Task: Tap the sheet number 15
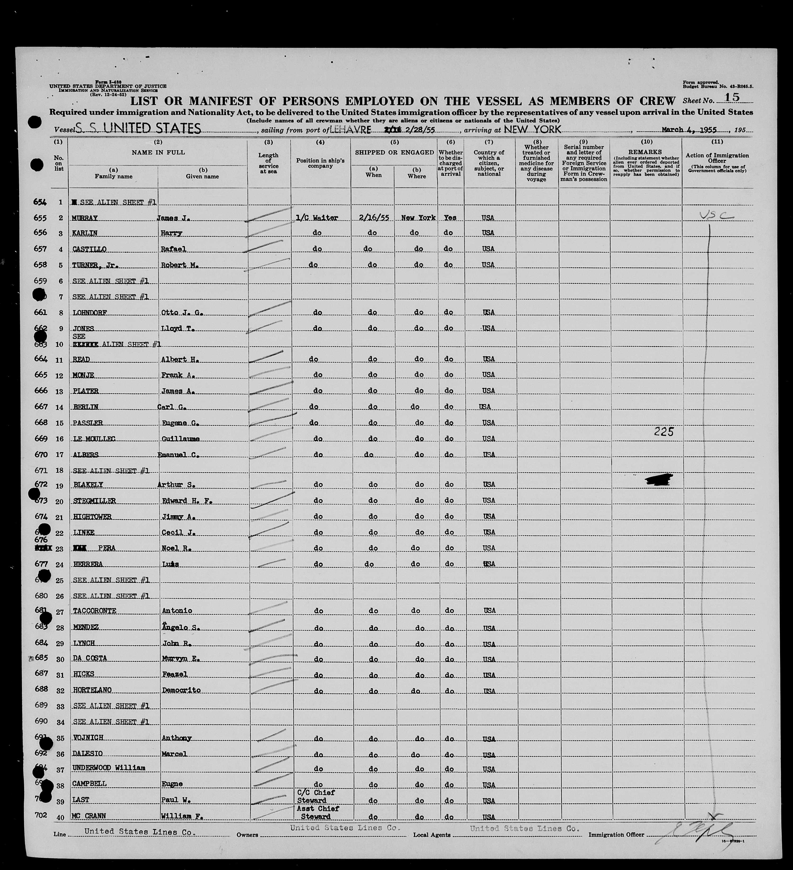[732, 97]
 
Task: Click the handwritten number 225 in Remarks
[664, 432]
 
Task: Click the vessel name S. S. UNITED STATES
[138, 128]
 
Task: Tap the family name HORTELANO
[92, 690]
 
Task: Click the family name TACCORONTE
[95, 611]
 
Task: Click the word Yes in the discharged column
[450, 218]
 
